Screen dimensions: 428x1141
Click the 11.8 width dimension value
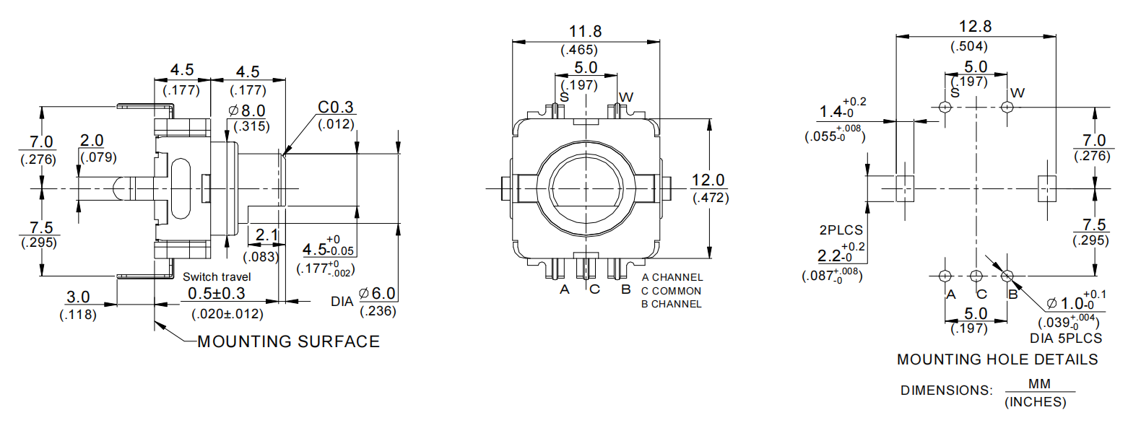coord(585,32)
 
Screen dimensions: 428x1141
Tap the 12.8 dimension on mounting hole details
coord(975,27)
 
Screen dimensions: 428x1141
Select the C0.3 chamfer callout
coord(336,108)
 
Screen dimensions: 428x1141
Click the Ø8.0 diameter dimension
coord(247,111)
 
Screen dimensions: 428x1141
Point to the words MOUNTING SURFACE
coord(288,341)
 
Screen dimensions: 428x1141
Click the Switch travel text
coord(217,277)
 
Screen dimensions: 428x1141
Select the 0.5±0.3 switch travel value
coord(217,294)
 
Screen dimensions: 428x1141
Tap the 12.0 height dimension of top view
coord(708,180)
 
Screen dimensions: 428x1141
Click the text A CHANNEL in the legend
coord(672,277)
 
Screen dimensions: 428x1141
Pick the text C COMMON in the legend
coord(671,291)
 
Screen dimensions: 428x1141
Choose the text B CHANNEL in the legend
coord(671,304)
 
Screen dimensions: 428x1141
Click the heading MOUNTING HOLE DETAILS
coord(997,359)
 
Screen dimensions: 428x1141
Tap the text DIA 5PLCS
coord(1066,338)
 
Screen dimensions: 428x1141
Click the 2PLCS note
coord(841,230)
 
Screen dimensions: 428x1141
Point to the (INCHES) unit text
coord(1035,402)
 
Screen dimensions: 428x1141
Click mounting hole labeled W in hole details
coord(1007,108)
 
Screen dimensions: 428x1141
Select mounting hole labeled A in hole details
coord(945,276)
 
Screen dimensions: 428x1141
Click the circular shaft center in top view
coord(586,188)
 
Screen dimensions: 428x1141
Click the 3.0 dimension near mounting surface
coord(78,297)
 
